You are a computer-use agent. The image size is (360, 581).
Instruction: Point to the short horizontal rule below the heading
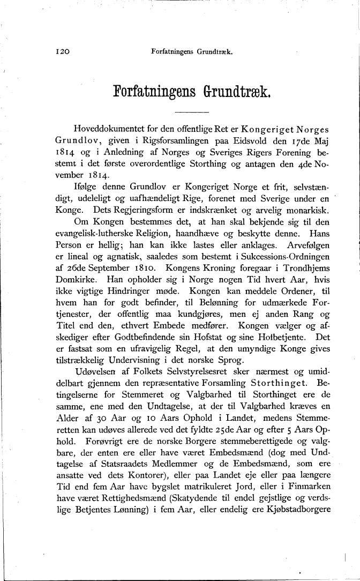pyautogui.click(x=191, y=112)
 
